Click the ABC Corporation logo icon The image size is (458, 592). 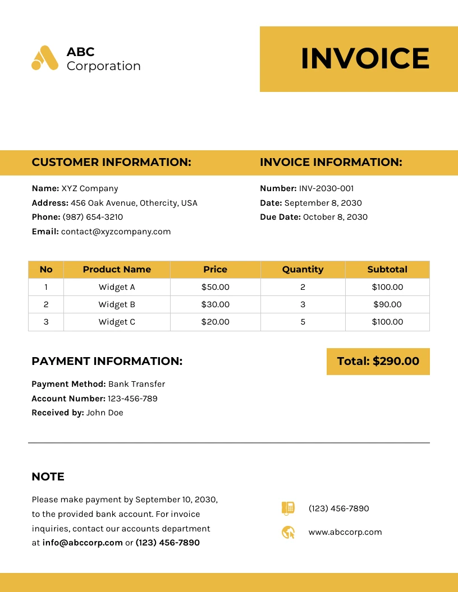point(45,58)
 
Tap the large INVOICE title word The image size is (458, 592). point(365,59)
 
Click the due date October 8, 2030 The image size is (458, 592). point(335,217)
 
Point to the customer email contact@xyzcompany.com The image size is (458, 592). point(116,232)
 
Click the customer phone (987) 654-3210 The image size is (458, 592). point(93,217)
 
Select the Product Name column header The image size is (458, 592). point(117,269)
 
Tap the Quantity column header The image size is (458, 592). point(303,269)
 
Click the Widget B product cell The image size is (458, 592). point(117,304)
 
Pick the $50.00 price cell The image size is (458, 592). point(216,287)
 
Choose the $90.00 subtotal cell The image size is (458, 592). point(387,304)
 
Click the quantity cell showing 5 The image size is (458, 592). point(303,322)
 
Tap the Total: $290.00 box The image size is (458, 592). point(378,361)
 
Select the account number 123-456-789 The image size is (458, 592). point(132,399)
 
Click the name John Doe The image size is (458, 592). point(104,413)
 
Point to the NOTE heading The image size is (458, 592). point(48,477)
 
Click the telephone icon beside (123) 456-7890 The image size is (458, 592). point(288,508)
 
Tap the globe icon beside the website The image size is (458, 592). point(288,532)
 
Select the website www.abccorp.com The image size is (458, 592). point(345,532)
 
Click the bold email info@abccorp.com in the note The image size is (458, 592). point(82,543)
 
